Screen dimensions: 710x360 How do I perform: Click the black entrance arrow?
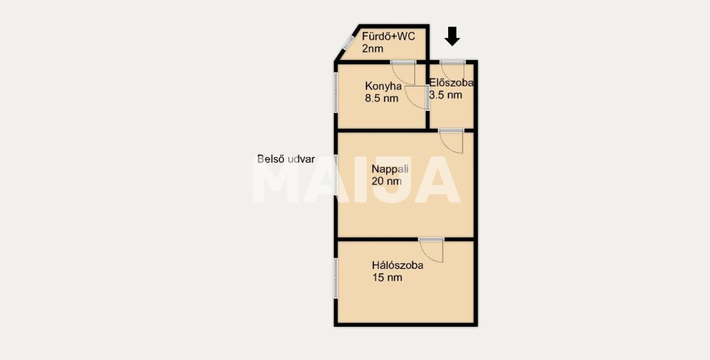click(452, 36)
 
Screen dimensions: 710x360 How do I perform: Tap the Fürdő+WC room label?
click(388, 37)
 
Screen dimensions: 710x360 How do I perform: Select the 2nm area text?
click(372, 49)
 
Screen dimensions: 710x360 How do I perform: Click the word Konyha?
click(383, 86)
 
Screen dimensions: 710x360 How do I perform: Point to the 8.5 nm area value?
click(381, 98)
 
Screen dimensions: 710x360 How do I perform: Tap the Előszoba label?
click(452, 83)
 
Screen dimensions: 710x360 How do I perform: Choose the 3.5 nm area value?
click(445, 95)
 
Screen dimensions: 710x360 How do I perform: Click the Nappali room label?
click(390, 169)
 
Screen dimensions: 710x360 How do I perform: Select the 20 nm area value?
click(387, 181)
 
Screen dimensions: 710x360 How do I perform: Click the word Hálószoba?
click(398, 265)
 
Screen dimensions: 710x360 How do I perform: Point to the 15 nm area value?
click(387, 277)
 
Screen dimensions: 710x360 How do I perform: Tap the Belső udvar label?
click(286, 159)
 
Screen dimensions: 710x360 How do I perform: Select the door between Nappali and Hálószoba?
click(431, 250)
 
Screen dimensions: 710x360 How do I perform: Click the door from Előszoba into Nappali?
click(451, 141)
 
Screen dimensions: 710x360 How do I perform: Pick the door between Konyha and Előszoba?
click(417, 98)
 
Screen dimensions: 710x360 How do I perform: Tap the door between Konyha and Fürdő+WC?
click(403, 73)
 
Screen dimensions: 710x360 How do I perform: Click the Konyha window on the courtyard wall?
click(336, 92)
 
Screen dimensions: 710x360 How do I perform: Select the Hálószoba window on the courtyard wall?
click(336, 278)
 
